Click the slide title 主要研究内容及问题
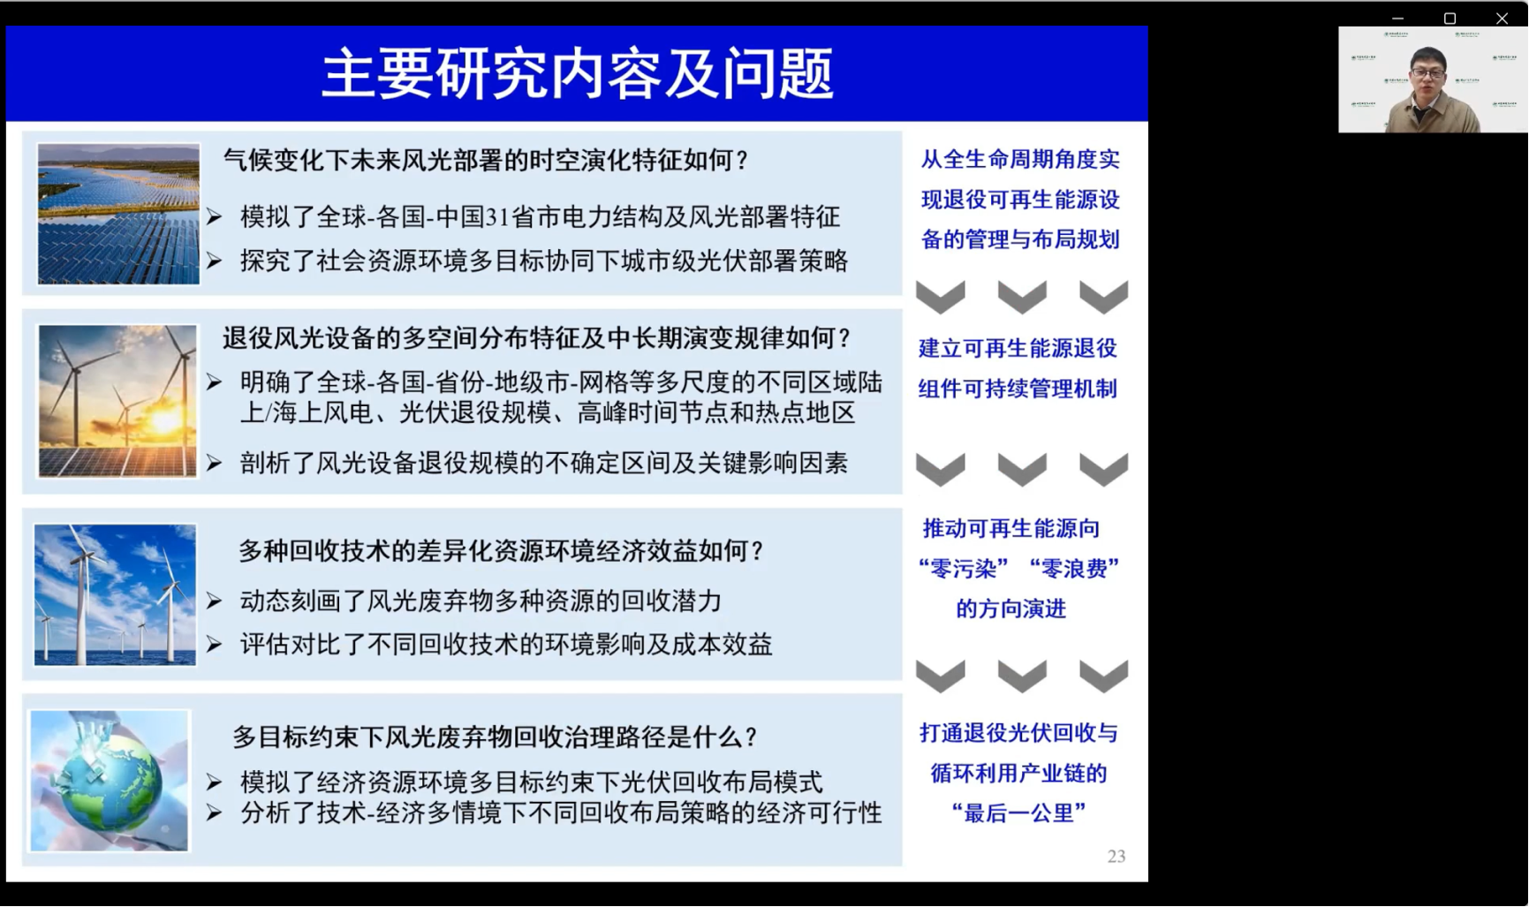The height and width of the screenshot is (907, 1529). pyautogui.click(x=577, y=73)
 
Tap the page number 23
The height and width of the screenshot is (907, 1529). pyautogui.click(x=1116, y=856)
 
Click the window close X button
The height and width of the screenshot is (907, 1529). pyautogui.click(x=1502, y=18)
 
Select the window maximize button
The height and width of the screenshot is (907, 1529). pyautogui.click(x=1450, y=18)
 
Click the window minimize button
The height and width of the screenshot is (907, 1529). pyautogui.click(x=1397, y=18)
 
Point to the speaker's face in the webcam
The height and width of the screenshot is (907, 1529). pyautogui.click(x=1427, y=75)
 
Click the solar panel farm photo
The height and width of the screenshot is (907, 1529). pyautogui.click(x=118, y=214)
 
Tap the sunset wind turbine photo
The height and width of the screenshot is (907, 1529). pyautogui.click(x=117, y=401)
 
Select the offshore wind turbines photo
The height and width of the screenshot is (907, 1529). pyautogui.click(x=115, y=594)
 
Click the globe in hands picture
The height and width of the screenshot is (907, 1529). pyautogui.click(x=110, y=781)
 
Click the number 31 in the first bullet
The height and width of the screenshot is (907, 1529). pyautogui.click(x=499, y=217)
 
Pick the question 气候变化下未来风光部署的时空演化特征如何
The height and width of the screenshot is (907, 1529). pyautogui.click(x=486, y=161)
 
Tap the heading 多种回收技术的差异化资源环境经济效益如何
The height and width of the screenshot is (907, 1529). pyautogui.click(x=502, y=551)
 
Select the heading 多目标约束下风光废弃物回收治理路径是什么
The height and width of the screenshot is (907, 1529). pyautogui.click(x=496, y=737)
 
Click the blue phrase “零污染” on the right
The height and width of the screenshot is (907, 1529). pyautogui.click(x=964, y=569)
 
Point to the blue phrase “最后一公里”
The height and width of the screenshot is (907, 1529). pyautogui.click(x=1018, y=813)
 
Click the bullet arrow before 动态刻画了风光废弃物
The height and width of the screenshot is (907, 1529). pyautogui.click(x=214, y=601)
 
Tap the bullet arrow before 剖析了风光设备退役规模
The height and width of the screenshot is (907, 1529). pyautogui.click(x=214, y=463)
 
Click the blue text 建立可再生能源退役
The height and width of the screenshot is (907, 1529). pyautogui.click(x=1018, y=349)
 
